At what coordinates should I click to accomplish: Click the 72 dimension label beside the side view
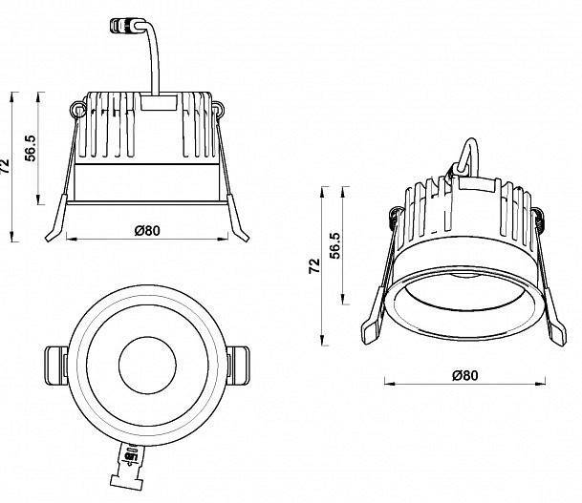point(9,167)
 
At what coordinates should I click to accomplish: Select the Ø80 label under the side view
point(146,229)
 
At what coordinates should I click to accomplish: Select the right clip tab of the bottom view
point(238,365)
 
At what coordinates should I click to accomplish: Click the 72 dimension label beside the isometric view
point(314,266)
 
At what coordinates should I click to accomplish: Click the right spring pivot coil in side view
point(219,110)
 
